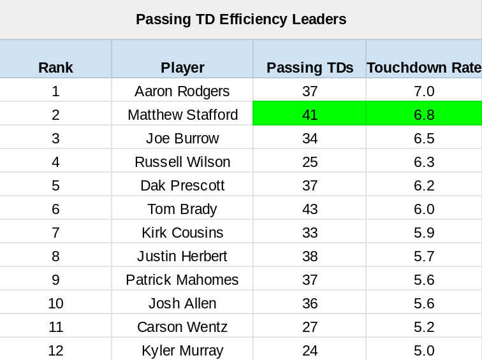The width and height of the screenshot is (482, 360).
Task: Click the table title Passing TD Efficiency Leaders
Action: click(241, 19)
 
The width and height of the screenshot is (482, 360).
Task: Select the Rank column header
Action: click(55, 68)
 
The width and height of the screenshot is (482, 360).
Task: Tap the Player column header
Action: click(182, 68)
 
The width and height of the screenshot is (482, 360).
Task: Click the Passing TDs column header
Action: click(310, 68)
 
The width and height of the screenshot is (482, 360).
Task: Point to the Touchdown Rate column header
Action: click(424, 68)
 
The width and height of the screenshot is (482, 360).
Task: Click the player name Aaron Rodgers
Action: click(182, 91)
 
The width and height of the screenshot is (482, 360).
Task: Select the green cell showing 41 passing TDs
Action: click(310, 115)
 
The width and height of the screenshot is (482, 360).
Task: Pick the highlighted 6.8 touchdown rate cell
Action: click(424, 115)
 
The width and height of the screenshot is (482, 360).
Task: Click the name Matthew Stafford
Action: click(182, 115)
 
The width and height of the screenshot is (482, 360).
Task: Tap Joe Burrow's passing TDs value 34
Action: click(310, 138)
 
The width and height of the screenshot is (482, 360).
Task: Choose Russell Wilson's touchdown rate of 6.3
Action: click(424, 162)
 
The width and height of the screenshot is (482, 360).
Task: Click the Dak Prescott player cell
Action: click(182, 185)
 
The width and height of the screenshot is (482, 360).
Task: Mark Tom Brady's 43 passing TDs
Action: click(310, 209)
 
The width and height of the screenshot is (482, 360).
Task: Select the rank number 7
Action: click(55, 233)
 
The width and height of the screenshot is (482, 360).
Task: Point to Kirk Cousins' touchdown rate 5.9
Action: click(424, 233)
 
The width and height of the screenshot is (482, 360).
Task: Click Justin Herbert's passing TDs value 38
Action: click(310, 256)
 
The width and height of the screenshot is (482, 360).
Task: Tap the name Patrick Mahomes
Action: click(182, 280)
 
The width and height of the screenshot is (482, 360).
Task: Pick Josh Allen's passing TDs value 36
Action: click(310, 303)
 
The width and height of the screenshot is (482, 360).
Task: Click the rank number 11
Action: click(55, 327)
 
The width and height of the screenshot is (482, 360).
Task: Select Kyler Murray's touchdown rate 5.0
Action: click(424, 350)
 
